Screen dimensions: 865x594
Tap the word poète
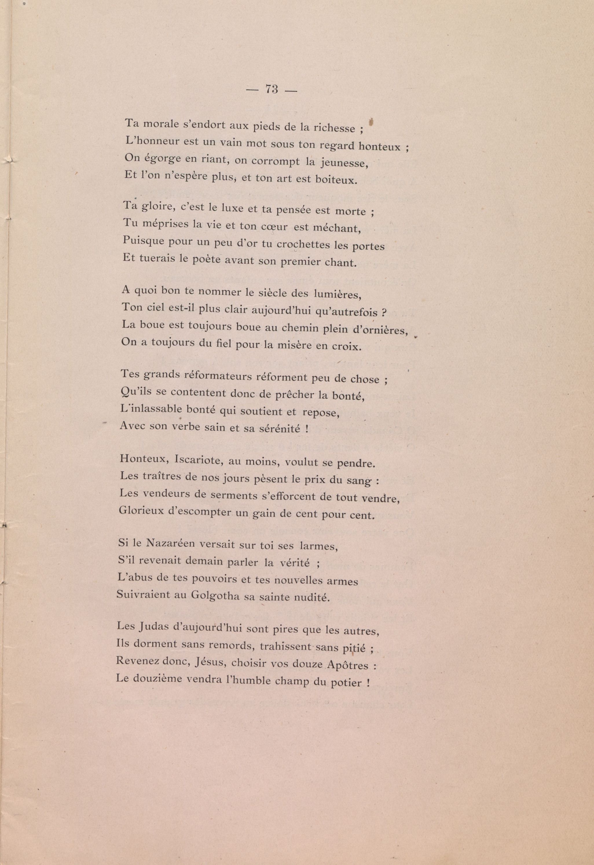click(x=206, y=260)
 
